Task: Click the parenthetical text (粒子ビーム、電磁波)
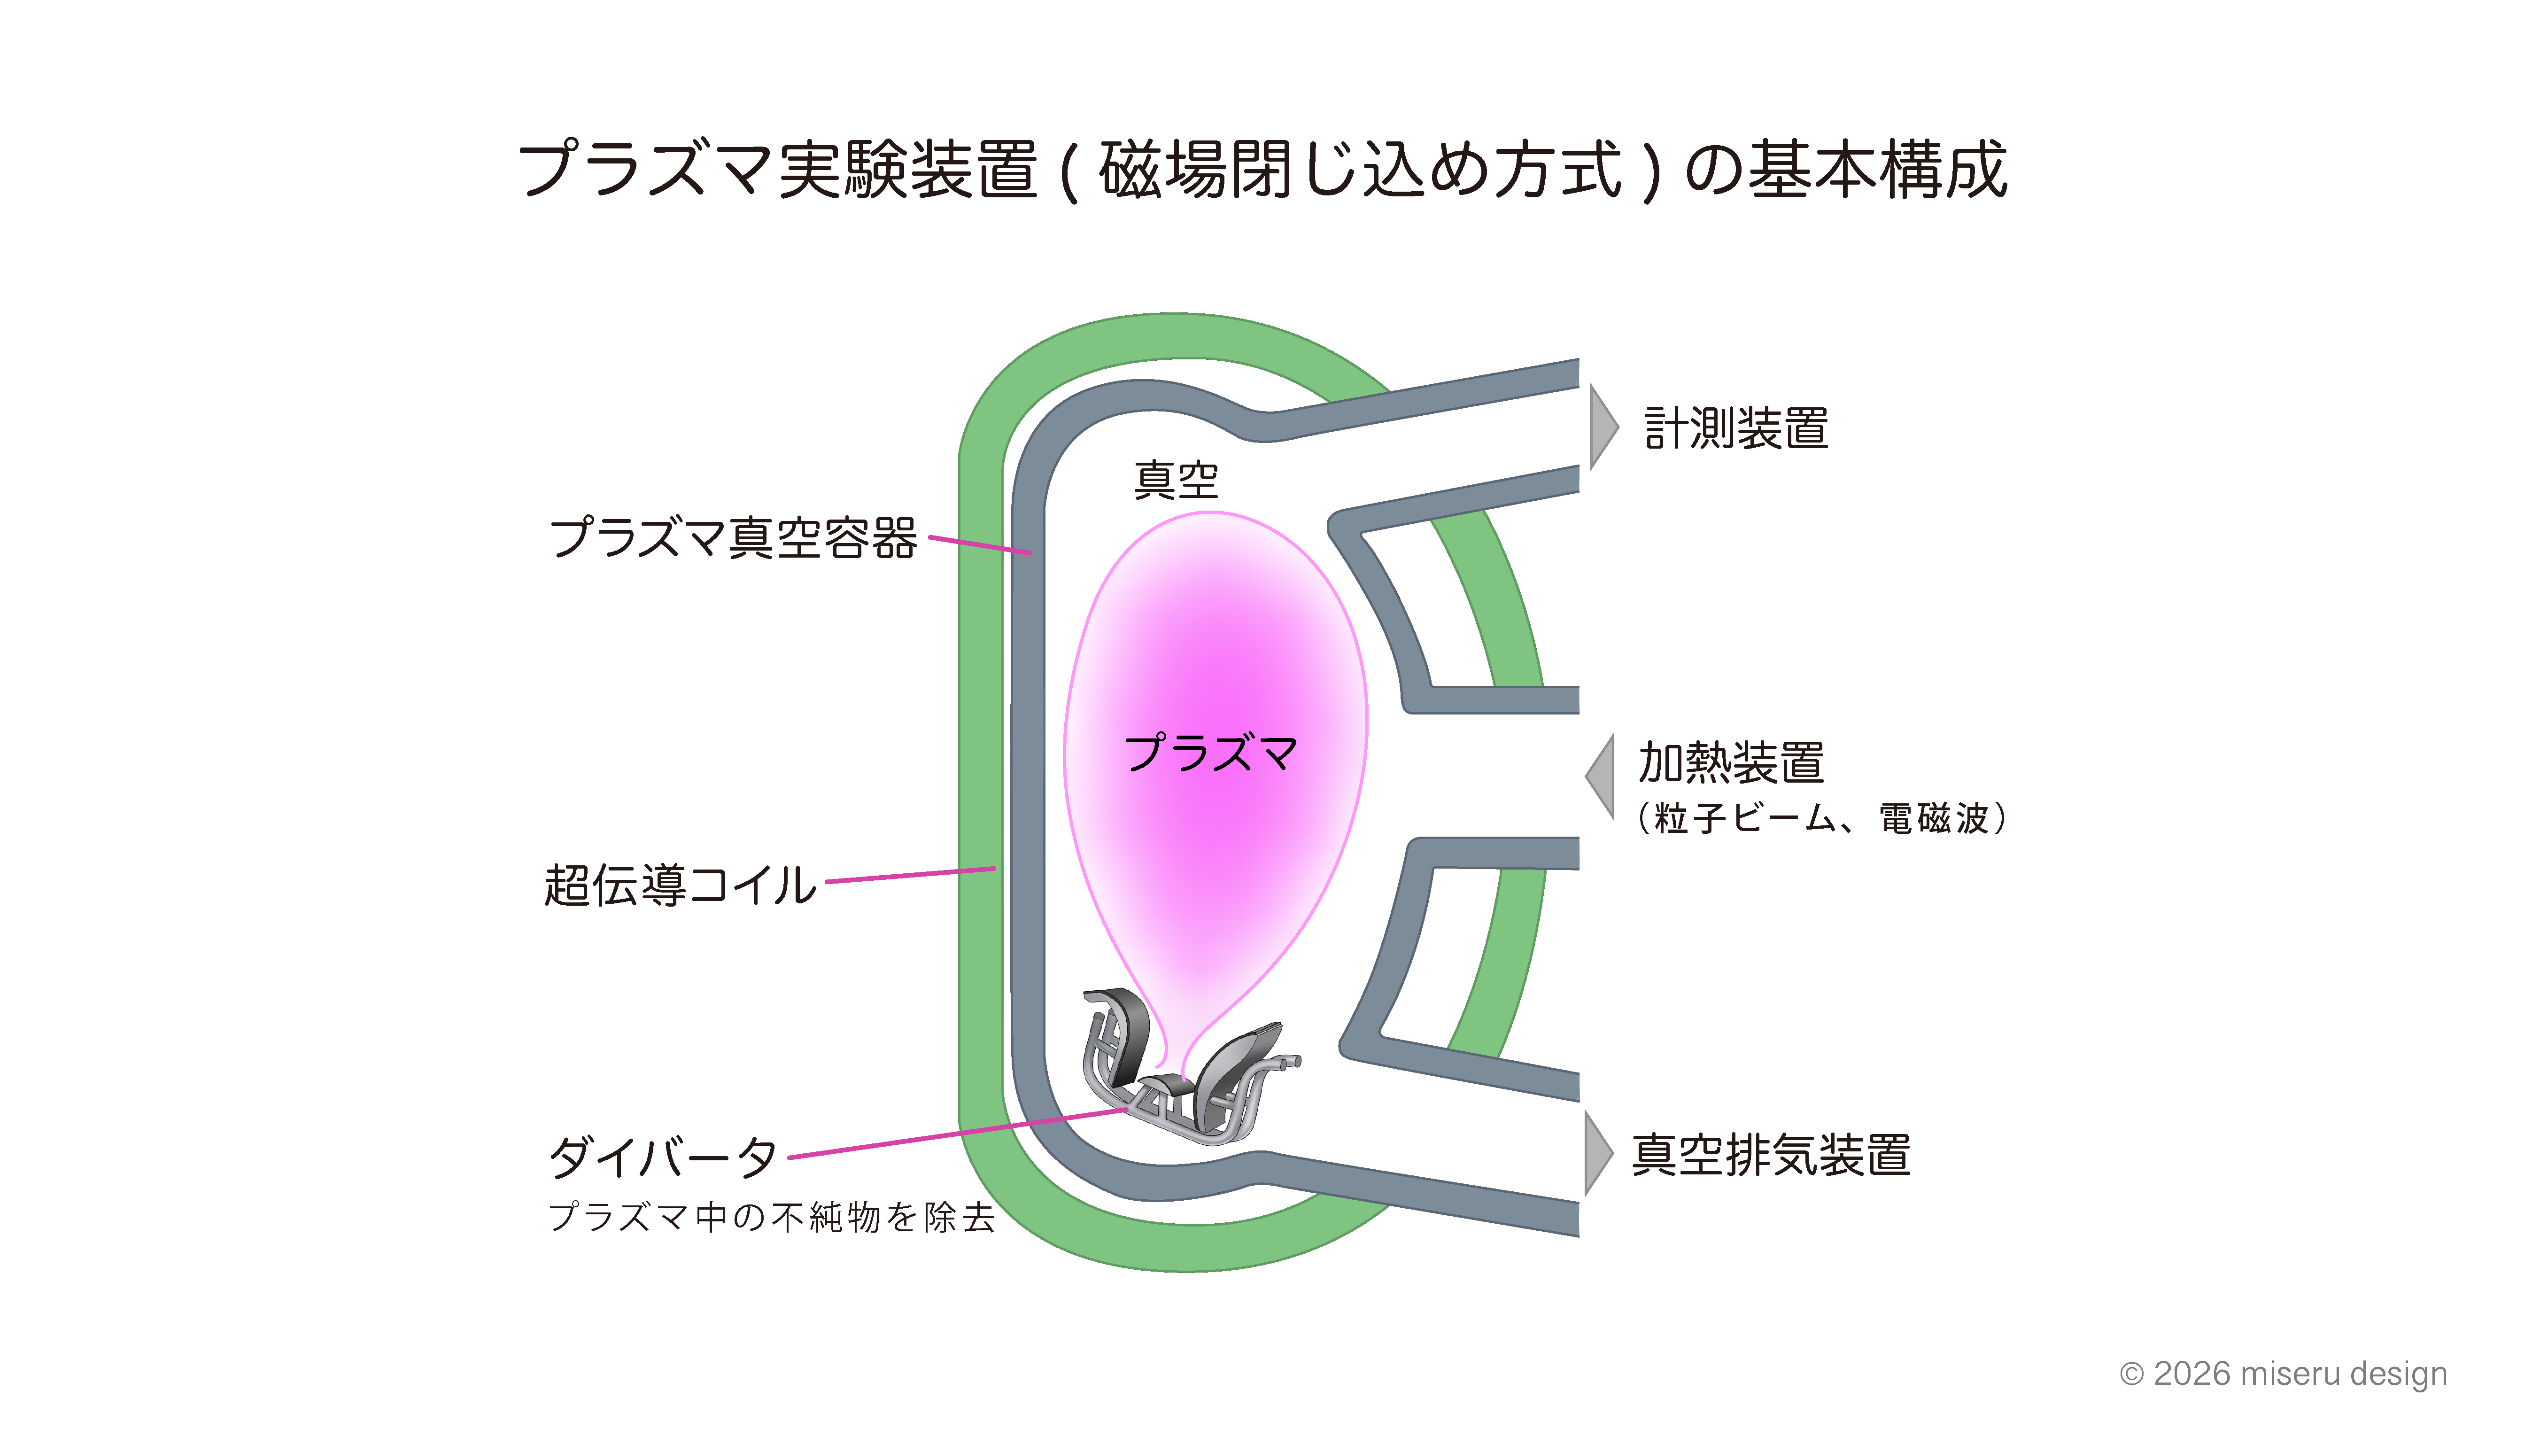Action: [x=1820, y=818]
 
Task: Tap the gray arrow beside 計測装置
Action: [x=1603, y=427]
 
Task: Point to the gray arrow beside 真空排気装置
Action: [x=1597, y=1153]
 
